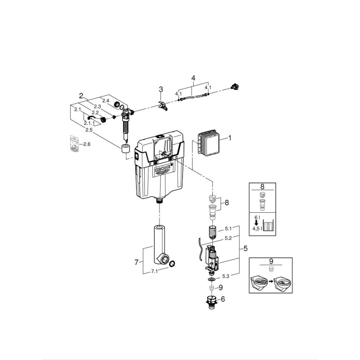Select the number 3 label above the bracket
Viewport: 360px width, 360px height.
161,89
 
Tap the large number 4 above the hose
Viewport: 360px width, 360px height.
193,78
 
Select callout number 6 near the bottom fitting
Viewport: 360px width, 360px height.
223,299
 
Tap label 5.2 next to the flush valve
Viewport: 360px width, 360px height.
228,238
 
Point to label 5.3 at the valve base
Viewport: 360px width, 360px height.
228,275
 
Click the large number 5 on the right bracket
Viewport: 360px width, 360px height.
245,249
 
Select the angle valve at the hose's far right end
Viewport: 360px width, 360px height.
235,87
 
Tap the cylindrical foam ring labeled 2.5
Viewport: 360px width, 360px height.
126,149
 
